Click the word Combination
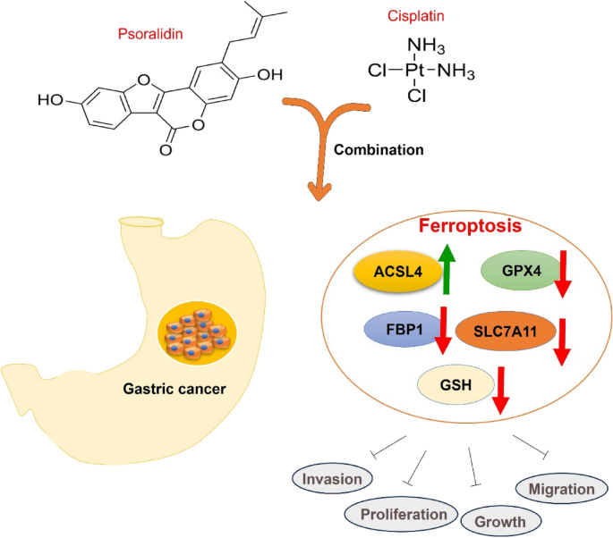pyautogui.click(x=379, y=149)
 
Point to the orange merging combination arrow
pyautogui.click(x=318, y=143)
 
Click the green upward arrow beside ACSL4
pyautogui.click(x=447, y=271)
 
